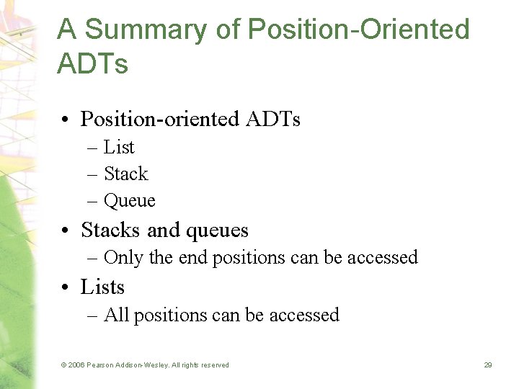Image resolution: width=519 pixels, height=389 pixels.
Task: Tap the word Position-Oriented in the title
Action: click(358, 30)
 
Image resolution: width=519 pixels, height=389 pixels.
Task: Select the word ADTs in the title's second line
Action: click(92, 63)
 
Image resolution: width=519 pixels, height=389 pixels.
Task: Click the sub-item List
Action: click(119, 147)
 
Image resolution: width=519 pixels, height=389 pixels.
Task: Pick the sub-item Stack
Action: click(126, 174)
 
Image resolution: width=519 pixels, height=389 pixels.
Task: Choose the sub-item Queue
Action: click(130, 200)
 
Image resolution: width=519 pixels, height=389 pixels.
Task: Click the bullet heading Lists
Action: click(102, 287)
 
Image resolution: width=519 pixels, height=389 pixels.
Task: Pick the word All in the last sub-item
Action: click(117, 315)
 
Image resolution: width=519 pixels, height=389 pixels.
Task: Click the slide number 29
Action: click(488, 365)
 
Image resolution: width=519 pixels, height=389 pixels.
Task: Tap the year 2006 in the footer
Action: click(76, 365)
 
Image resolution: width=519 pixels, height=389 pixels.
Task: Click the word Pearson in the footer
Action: click(101, 365)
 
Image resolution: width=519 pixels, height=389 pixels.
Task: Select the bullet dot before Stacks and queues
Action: click(66, 231)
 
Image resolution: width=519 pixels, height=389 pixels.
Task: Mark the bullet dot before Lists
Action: click(66, 287)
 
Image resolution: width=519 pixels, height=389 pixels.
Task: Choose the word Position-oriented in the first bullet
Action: click(159, 118)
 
